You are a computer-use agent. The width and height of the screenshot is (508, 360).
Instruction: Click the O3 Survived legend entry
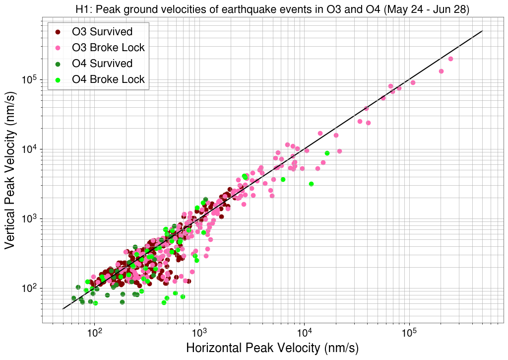click(102, 32)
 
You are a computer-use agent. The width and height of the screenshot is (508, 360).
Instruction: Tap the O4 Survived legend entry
click(102, 64)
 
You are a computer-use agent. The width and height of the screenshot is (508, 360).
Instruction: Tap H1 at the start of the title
click(82, 9)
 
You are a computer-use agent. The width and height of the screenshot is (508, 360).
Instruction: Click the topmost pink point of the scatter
click(450, 59)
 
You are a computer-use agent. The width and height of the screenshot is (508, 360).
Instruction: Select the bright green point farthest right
click(327, 153)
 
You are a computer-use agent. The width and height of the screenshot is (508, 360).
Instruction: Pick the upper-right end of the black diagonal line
click(482, 31)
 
